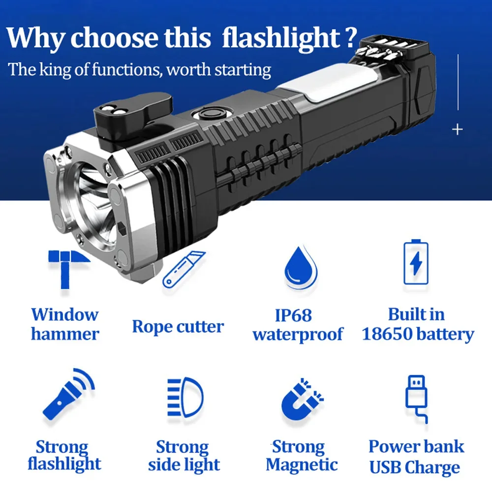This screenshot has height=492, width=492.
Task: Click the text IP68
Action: coord(293,315)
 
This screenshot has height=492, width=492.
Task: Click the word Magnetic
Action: coord(302,464)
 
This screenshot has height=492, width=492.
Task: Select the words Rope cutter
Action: coord(178,327)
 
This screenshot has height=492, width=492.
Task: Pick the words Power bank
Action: coord(416,446)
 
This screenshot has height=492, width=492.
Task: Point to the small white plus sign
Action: coord(458,129)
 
